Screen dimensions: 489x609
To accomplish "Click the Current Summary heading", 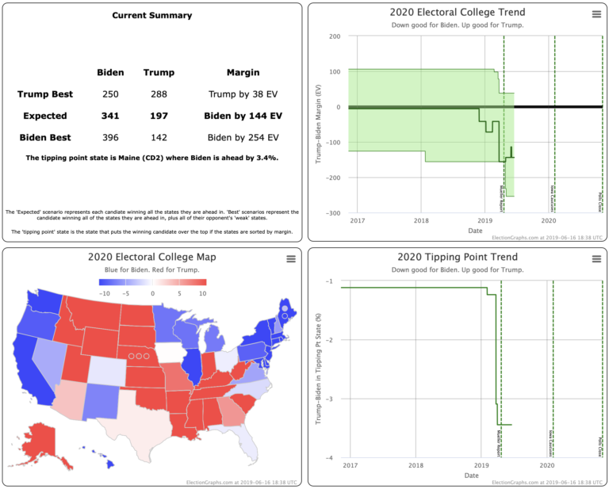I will pos(151,15).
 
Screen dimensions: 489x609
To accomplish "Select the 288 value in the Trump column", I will pos(159,94).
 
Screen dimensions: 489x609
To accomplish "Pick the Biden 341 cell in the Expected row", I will pos(110,116).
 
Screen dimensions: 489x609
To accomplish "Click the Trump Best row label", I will pos(45,94).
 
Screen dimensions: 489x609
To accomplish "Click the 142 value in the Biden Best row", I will pos(159,137).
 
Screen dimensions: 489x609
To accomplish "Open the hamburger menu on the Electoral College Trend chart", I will pos(596,14).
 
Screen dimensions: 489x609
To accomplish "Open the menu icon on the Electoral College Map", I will pos(290,258).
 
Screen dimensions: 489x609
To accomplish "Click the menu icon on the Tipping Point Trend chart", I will pos(596,258).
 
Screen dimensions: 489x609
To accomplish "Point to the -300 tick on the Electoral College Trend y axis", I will pos(334,213).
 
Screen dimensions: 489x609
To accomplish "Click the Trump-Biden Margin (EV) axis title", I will pos(319,124).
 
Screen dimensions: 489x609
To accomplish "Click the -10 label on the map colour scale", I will pos(104,292).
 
